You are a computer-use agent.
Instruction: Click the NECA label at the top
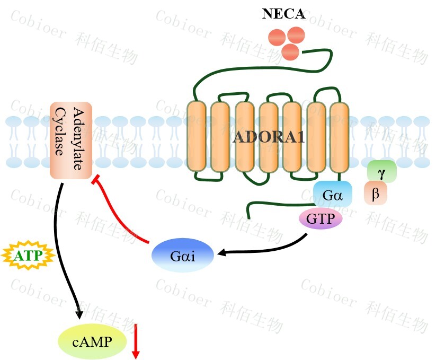click(283, 14)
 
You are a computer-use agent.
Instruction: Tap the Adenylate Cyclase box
click(71, 140)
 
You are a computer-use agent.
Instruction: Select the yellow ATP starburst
click(25, 256)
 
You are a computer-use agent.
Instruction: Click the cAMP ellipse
click(92, 341)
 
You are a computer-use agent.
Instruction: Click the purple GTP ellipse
click(321, 218)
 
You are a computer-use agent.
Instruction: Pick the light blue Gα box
click(333, 195)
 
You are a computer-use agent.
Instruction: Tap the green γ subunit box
click(381, 172)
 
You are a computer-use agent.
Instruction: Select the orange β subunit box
click(376, 194)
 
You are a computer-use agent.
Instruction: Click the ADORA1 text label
click(269, 137)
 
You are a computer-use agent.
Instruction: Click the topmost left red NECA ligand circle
click(278, 37)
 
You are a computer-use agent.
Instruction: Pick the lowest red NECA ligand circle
click(290, 52)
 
